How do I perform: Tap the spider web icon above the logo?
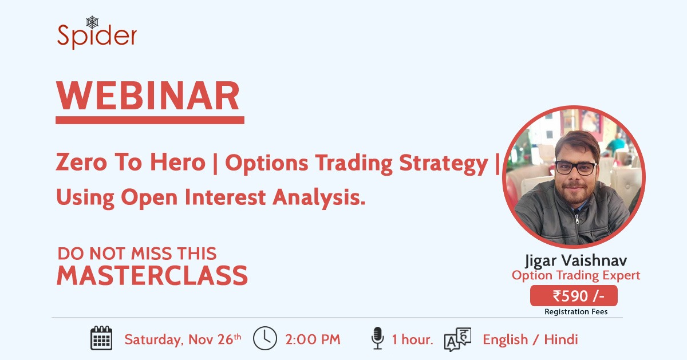point(93,22)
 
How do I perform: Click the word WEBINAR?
point(148,96)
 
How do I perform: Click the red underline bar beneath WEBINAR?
point(149,120)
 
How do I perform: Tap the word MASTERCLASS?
point(152,276)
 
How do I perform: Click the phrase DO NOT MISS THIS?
point(136,253)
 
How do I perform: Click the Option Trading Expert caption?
point(575,276)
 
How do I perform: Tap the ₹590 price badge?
point(574,296)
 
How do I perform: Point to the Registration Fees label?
point(575,312)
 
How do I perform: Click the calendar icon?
point(101,338)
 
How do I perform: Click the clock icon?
point(264,338)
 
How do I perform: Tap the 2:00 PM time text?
point(313,339)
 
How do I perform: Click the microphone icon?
point(377,338)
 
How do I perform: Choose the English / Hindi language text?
point(530,339)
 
